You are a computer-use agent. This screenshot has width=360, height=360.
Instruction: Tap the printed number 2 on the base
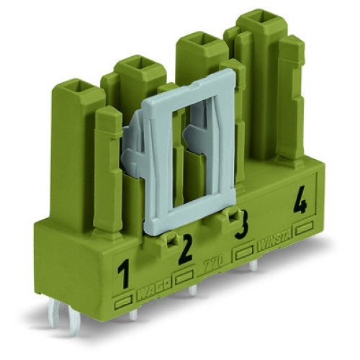tap(185, 248)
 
